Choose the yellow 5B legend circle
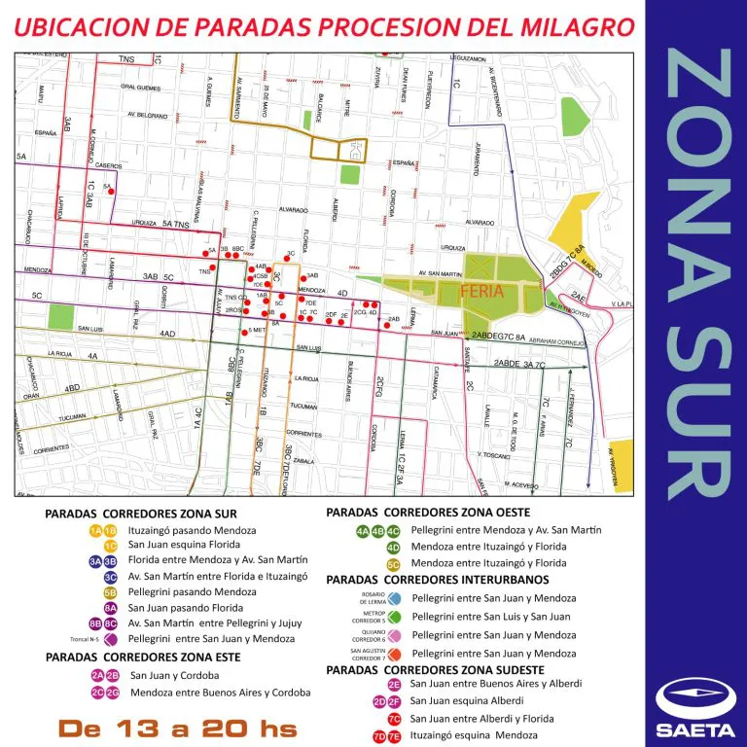110,591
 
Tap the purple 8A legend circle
110,607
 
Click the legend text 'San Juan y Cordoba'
178,675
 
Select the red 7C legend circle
394,719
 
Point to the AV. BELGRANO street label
146,116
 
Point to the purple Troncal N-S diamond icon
110,638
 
